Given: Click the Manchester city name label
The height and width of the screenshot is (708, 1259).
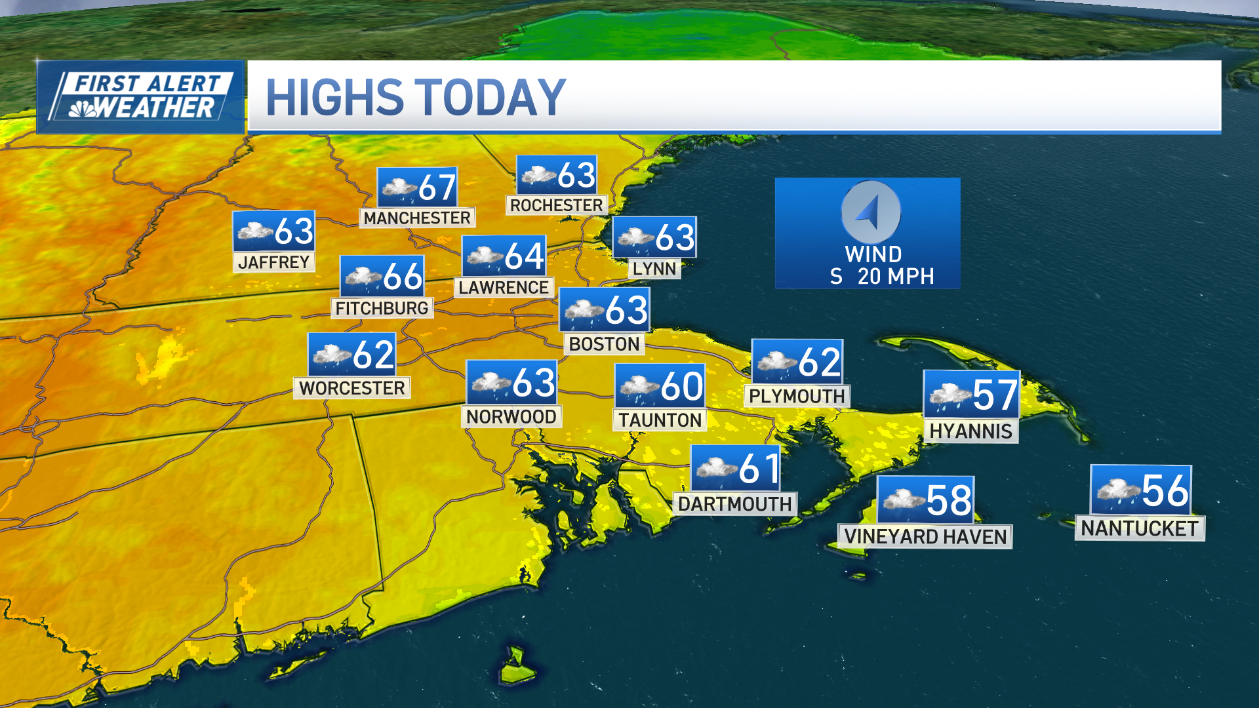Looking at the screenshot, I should (x=417, y=218).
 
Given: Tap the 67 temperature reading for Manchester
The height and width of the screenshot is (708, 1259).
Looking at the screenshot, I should (x=437, y=187).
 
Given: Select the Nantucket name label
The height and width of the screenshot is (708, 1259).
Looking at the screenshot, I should (x=1140, y=528).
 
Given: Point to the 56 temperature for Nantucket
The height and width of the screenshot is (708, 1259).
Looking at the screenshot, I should (x=1165, y=490).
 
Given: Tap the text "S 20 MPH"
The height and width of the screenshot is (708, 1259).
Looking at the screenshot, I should (x=881, y=277).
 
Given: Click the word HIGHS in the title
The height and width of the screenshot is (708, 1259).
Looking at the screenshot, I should (x=334, y=98).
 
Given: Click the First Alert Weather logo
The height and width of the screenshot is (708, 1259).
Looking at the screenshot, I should (x=141, y=97).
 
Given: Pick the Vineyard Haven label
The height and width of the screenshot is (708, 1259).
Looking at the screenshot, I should (x=925, y=537).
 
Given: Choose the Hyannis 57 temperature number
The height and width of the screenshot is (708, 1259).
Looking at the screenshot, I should (x=995, y=395).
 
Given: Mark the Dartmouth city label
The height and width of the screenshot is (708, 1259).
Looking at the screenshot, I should (x=735, y=504).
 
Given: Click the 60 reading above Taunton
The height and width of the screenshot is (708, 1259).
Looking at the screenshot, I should (x=682, y=385).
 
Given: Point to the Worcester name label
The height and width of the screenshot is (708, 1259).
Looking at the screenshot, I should (x=352, y=388).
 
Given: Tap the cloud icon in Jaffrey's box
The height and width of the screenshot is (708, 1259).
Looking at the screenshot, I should (x=254, y=231).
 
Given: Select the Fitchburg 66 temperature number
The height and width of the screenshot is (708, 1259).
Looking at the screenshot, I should (x=403, y=276).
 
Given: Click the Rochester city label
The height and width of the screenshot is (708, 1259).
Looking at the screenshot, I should (x=557, y=205).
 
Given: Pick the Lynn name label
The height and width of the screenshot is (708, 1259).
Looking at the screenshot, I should (x=654, y=269).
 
